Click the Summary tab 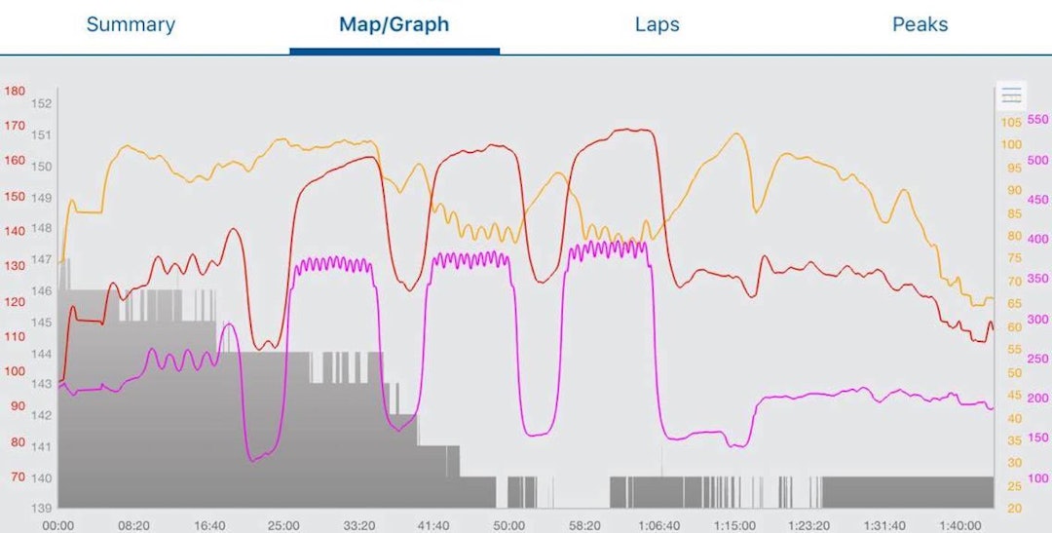(x=131, y=24)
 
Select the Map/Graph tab (x=394, y=24)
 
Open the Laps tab (x=657, y=24)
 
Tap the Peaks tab (x=920, y=24)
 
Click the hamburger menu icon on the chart (x=1012, y=95)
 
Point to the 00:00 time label (x=58, y=525)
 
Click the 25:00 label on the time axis (x=282, y=525)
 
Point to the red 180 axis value (x=15, y=91)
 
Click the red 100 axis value (x=15, y=371)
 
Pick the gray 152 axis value (x=41, y=103)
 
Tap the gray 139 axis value (x=41, y=509)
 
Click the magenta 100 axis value (x=1038, y=478)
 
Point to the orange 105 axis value (x=1011, y=122)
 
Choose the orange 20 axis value (x=1013, y=509)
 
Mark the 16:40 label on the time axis (x=208, y=525)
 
